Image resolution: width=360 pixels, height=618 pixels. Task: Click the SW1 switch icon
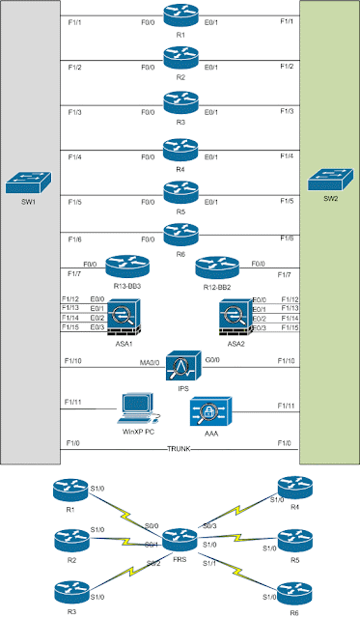tap(24, 180)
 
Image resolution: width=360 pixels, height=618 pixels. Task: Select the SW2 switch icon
tap(327, 180)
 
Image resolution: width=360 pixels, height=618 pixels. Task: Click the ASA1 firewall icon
tap(124, 313)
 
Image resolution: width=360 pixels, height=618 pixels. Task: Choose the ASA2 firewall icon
tap(235, 313)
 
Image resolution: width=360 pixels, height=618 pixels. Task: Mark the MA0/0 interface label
tap(150, 360)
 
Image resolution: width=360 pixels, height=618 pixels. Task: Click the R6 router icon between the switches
tap(180, 231)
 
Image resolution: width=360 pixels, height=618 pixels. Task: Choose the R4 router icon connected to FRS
tap(288, 488)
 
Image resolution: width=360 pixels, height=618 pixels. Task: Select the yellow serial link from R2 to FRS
tap(126, 539)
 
